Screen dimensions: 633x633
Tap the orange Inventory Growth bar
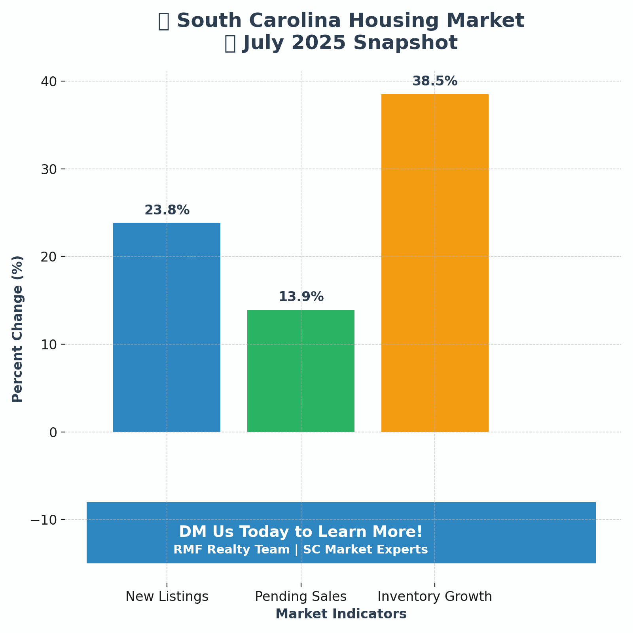click(x=435, y=263)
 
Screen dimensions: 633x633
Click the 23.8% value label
click(x=167, y=210)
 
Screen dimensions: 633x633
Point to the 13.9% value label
click(x=301, y=297)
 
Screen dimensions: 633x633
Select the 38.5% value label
click(x=435, y=81)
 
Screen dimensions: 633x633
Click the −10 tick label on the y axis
click(x=44, y=520)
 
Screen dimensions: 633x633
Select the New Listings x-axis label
click(x=167, y=597)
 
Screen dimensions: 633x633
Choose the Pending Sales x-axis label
click(x=301, y=597)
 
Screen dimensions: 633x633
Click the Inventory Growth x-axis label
click(x=435, y=597)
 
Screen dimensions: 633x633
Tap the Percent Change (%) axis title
click(x=18, y=329)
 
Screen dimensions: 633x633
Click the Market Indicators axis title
click(x=341, y=614)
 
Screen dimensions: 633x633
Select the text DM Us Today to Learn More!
click(x=301, y=532)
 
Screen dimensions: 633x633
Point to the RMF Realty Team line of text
click(x=301, y=550)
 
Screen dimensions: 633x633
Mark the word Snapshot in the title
click(x=406, y=43)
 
